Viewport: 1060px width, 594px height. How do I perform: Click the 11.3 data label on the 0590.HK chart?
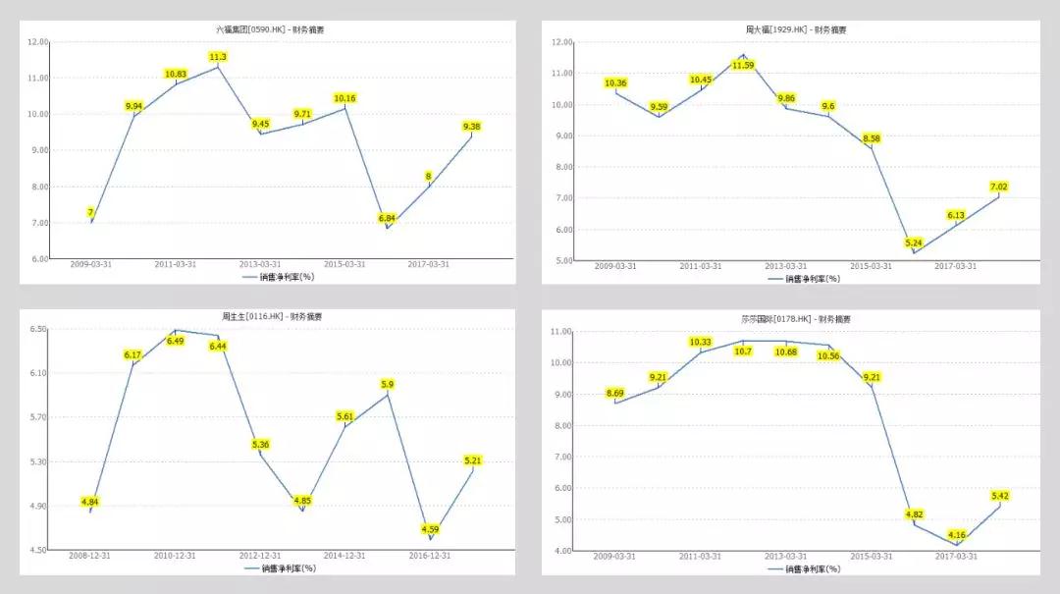tap(218, 57)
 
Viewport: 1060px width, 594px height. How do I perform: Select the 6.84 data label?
tap(387, 218)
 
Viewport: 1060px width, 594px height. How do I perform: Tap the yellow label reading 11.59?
tap(743, 65)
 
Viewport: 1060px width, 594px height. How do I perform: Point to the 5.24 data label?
tap(914, 243)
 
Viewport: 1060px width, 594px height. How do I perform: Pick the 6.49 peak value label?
tap(176, 341)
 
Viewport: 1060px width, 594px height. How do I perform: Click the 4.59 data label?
tap(430, 529)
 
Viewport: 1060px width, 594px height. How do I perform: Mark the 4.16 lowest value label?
tap(957, 535)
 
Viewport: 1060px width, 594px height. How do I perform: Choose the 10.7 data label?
tap(743, 351)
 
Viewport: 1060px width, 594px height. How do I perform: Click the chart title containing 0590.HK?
tap(270, 29)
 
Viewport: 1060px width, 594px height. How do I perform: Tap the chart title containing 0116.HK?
tap(272, 316)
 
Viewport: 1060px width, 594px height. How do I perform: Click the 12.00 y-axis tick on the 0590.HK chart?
tap(38, 42)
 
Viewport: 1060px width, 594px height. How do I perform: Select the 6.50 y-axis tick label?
tap(38, 329)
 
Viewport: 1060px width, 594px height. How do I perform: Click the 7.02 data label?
tap(998, 187)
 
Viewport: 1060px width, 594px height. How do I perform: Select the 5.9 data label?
tap(387, 384)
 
